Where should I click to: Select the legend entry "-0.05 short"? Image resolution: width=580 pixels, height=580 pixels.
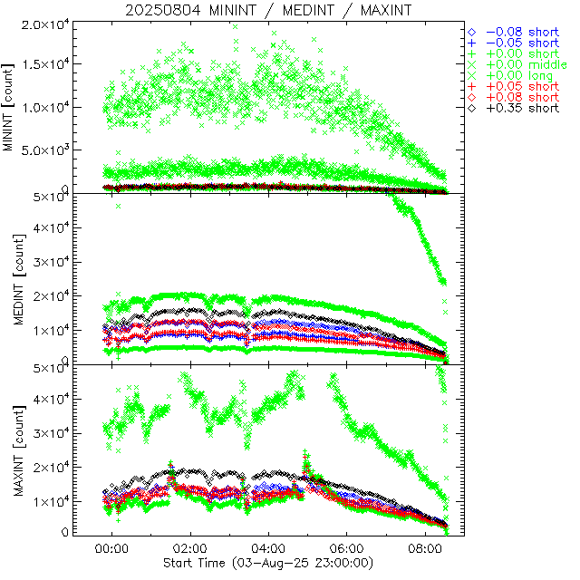coord(519,43)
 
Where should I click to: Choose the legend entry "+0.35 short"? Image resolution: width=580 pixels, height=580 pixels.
coord(519,108)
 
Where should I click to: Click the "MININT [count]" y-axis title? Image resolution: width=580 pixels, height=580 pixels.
coord(10,107)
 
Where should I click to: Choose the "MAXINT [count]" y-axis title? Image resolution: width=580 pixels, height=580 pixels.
coord(10,450)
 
